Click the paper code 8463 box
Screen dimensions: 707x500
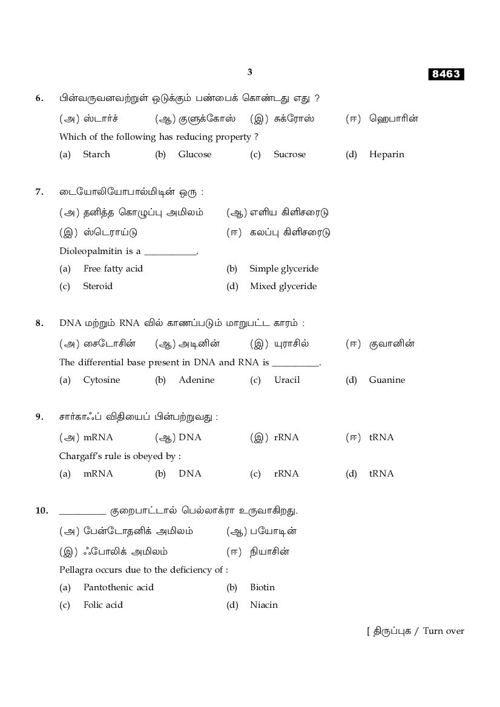[x=446, y=74]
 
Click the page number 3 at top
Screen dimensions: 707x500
[x=249, y=72]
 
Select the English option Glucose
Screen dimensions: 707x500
[x=195, y=154]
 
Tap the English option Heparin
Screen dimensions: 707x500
[x=386, y=154]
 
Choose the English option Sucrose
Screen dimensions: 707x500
[x=289, y=154]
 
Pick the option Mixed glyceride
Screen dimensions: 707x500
[x=283, y=286]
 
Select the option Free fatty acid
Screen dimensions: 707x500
[x=113, y=269]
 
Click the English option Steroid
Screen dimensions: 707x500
[x=97, y=286]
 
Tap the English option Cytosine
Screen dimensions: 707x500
[x=101, y=380]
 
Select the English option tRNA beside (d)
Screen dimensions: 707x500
[x=381, y=474]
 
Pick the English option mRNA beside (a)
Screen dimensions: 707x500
[x=97, y=474]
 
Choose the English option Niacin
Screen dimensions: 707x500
[x=263, y=605]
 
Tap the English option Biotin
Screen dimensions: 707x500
[x=262, y=587]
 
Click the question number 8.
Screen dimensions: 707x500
[x=39, y=323]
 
